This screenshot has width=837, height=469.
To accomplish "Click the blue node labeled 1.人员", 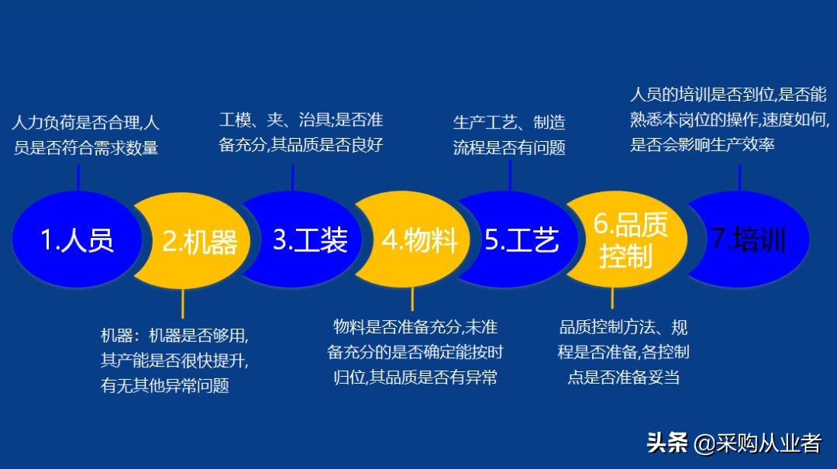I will pyautogui.click(x=76, y=239).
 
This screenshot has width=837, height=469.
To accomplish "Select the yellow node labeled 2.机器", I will pyautogui.click(x=200, y=242).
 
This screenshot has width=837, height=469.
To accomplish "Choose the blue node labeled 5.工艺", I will pyautogui.click(x=521, y=240).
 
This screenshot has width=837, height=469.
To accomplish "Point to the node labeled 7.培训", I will pyautogui.click(x=748, y=239).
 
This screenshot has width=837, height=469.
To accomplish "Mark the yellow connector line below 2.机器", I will pyautogui.click(x=183, y=303).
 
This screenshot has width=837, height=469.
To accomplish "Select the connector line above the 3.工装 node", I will pyautogui.click(x=292, y=177).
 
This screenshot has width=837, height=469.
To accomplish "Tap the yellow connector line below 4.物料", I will pyautogui.click(x=412, y=298).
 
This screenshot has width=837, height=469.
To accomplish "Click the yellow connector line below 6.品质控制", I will pyautogui.click(x=612, y=298).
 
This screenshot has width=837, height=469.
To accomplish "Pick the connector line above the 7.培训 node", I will pyautogui.click(x=740, y=178).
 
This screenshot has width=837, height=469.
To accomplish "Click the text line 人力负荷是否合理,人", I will pyautogui.click(x=86, y=122).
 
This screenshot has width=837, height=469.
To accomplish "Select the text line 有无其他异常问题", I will pyautogui.click(x=165, y=385).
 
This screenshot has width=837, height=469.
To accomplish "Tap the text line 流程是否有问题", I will pyautogui.click(x=509, y=147).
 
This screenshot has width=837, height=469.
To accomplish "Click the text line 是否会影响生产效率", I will pyautogui.click(x=702, y=145).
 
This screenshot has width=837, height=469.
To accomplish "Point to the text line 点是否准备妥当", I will pyautogui.click(x=624, y=378).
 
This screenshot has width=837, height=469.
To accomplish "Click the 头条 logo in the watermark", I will pyautogui.click(x=667, y=443).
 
